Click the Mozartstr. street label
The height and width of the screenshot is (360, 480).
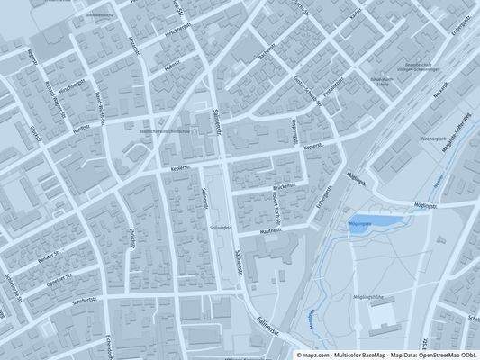point(134,43)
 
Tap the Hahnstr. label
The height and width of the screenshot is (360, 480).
point(166,65)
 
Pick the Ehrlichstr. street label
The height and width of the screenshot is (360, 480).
point(132,240)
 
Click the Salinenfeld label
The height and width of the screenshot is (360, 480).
point(222,227)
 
